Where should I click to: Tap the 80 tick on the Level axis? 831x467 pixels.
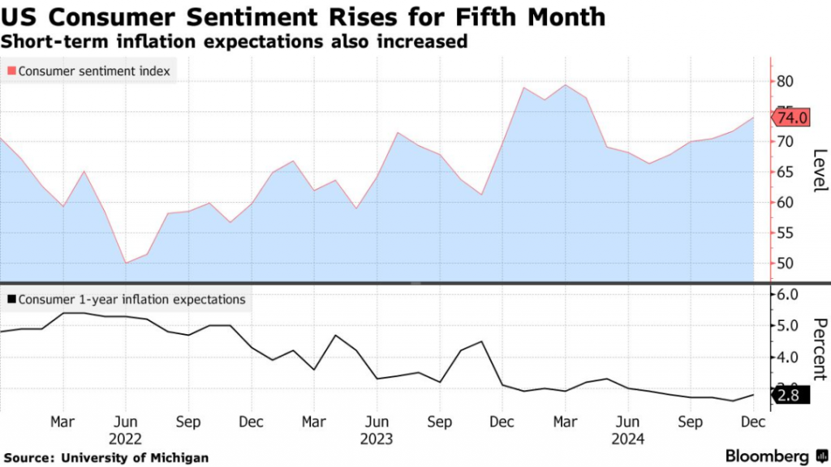coord(784,80)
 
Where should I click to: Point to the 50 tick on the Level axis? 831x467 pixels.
coord(784,263)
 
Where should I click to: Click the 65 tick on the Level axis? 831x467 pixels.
coord(784,172)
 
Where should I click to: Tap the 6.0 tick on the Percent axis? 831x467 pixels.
coord(788,294)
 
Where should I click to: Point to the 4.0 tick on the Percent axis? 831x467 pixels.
coord(788,357)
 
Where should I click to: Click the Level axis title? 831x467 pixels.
coord(819,171)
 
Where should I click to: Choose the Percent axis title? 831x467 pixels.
coord(819,349)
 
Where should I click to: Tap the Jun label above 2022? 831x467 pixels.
coord(126,422)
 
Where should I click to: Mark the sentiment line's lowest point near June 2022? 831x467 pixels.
coord(126,263)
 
